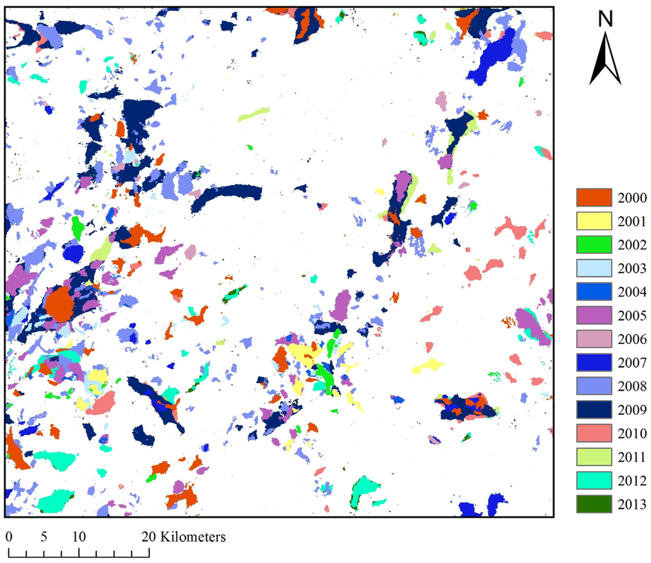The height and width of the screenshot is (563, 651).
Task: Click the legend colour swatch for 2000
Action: point(593,198)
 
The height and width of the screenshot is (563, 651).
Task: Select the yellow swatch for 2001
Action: point(593,221)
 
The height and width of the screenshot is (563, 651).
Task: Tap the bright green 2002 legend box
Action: point(593,245)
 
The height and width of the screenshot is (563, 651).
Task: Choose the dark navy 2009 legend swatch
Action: point(593,410)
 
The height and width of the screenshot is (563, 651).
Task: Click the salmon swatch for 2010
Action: point(593,433)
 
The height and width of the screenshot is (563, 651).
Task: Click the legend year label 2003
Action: point(632,268)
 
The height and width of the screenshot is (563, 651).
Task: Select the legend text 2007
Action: point(632,363)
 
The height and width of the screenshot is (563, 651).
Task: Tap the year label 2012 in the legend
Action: point(632,480)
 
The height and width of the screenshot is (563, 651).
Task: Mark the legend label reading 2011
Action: point(632,457)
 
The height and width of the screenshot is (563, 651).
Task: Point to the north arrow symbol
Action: point(605,60)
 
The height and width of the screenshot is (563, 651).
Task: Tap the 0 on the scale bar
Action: point(10,537)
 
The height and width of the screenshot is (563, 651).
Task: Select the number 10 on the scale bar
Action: point(79,537)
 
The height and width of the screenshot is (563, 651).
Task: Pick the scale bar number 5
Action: point(44,537)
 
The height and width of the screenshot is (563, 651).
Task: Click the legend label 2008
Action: point(632,386)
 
